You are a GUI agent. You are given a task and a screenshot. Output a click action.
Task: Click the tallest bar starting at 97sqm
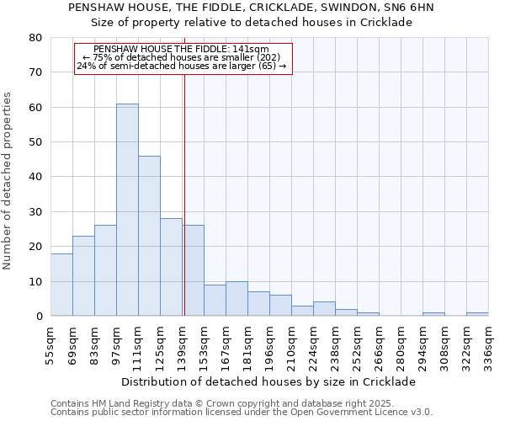coord(127,210)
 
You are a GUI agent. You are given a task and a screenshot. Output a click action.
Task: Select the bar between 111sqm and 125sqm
coord(149,236)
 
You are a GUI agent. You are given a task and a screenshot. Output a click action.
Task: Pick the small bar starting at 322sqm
coord(477,314)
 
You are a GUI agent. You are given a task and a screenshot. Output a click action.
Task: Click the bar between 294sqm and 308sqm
coord(433,314)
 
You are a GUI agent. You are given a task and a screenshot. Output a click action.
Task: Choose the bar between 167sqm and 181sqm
coord(237,299)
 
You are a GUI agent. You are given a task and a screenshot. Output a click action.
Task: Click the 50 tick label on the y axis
coord(35,142)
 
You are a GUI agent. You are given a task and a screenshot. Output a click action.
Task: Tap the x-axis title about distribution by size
coord(268,381)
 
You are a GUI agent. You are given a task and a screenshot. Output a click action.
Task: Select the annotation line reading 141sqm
coord(182,49)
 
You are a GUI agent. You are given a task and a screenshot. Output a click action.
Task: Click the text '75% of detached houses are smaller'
coord(182,57)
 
